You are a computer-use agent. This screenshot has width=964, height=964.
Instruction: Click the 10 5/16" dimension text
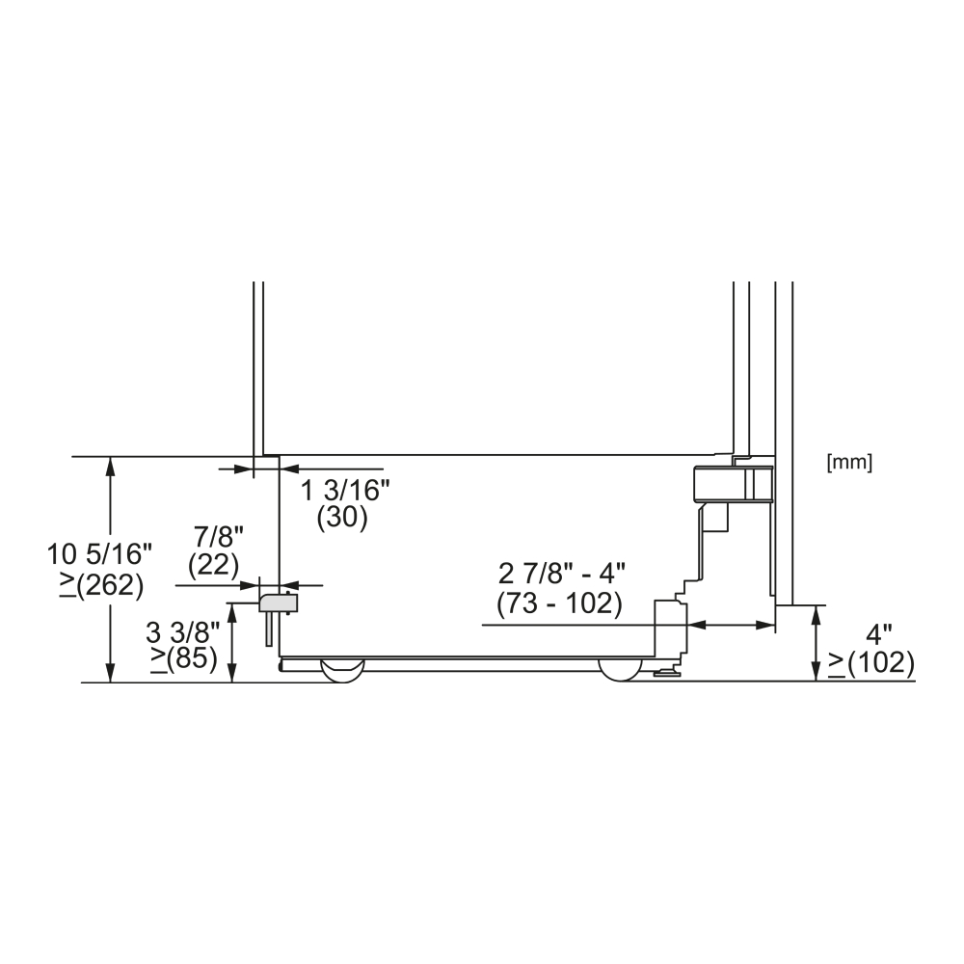(x=99, y=554)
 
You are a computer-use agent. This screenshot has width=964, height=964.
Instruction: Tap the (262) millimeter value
(x=111, y=585)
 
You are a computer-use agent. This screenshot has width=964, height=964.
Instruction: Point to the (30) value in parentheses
(x=342, y=518)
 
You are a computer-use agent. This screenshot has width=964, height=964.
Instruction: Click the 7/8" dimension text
(x=219, y=537)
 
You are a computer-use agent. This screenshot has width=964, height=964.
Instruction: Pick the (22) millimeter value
(x=213, y=565)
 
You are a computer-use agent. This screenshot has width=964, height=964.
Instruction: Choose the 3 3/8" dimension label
(x=182, y=631)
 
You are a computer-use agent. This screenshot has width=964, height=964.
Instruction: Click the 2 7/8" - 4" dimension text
(x=561, y=575)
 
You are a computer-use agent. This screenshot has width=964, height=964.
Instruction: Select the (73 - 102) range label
(x=559, y=603)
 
